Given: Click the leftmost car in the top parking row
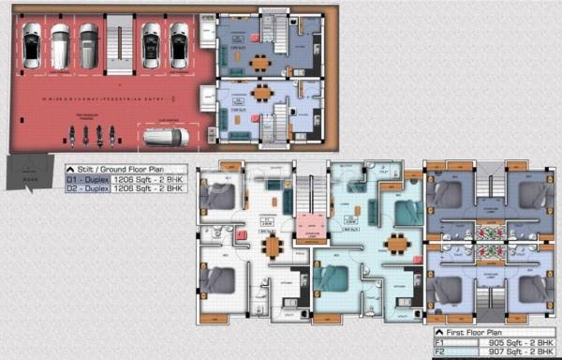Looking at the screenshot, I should point(32,45).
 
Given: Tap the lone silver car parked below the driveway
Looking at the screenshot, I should point(166,137).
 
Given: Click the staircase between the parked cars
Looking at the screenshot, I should point(119,41).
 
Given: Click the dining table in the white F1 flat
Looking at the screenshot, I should point(272,246).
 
